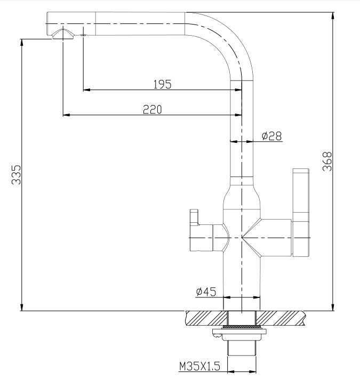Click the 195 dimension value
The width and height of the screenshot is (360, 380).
point(162,84)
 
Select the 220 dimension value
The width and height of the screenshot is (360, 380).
point(153,109)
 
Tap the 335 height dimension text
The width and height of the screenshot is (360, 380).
point(16,175)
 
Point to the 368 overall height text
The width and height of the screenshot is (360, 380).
point(327,161)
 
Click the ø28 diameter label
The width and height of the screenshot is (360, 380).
point(272,136)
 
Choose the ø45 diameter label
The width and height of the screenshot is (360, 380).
point(206,292)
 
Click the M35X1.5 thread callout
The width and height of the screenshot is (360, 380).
point(199,366)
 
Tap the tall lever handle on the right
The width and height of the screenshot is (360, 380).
point(301,213)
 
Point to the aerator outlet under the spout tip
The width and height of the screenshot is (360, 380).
point(63,34)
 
